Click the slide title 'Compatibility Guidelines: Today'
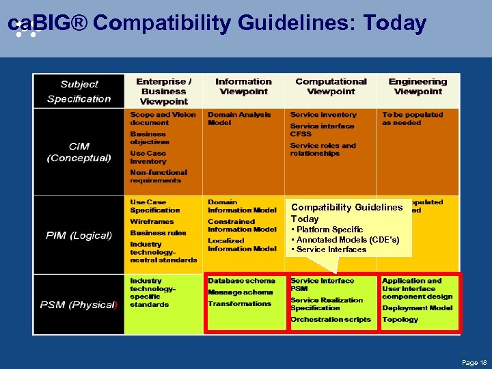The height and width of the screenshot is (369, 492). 217,24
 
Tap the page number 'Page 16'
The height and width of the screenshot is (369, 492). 474,362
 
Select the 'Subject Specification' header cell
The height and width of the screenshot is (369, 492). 79,92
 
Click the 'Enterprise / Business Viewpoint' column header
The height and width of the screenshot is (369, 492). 163,91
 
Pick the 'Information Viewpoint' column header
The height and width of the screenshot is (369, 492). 243,86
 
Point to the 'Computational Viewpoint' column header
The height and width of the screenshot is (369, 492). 331,86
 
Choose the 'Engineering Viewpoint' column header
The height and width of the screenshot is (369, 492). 418,86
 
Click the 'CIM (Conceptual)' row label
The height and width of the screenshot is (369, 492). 79,152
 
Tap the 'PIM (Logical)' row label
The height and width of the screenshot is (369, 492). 79,235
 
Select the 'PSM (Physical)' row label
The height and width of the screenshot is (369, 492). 79,305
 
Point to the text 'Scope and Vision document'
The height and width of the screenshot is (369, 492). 163,119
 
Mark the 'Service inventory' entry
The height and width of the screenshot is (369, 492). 323,115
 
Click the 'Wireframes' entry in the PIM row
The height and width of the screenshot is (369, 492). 152,221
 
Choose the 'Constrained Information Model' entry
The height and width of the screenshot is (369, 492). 242,225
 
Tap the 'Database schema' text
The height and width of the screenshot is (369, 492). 241,281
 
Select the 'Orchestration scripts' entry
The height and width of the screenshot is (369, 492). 331,319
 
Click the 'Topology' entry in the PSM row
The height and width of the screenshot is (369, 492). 400,319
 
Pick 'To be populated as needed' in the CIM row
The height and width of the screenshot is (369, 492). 412,119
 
